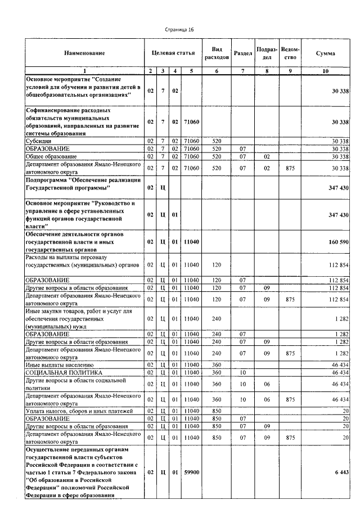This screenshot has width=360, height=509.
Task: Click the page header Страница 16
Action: click(x=179, y=29)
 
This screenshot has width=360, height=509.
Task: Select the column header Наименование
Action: click(x=84, y=53)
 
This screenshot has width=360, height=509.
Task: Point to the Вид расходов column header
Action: click(x=217, y=53)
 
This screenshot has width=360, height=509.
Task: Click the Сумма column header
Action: click(x=325, y=53)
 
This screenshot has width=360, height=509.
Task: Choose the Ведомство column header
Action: click(x=290, y=53)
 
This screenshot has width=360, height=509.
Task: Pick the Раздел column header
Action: click(x=242, y=53)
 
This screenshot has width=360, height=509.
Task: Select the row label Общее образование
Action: click(x=51, y=156)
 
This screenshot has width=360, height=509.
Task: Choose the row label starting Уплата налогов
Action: click(x=78, y=411)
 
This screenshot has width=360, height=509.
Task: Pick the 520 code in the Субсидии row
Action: click(x=217, y=141)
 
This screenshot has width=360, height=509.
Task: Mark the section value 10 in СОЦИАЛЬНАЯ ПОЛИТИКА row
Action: click(x=242, y=372)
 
